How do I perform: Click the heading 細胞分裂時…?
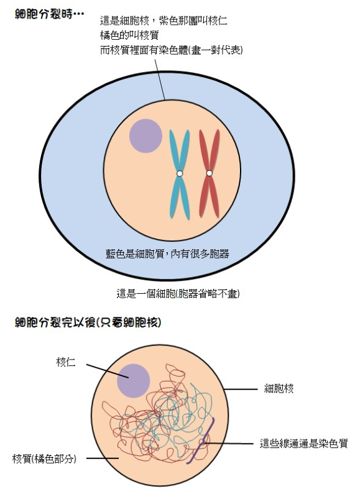pos(50,14)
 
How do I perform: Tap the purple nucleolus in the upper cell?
pos(145,135)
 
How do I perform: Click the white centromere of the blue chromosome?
pos(180,173)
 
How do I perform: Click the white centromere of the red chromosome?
pos(210,173)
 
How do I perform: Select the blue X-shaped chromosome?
pos(180,174)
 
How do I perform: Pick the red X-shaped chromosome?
pos(210,173)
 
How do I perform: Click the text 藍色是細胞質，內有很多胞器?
pos(167,253)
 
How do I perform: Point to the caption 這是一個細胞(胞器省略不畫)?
pos(178,294)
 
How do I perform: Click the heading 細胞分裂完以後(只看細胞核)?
pos(88,322)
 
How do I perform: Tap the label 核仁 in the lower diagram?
pos(66,362)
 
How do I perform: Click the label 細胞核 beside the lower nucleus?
pos(279,388)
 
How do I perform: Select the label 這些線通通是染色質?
pos(303,443)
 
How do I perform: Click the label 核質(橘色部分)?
pos(44,458)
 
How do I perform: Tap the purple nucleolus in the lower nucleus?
pos(133,381)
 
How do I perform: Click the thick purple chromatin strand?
pos(200,441)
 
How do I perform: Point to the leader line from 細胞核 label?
pos(241,389)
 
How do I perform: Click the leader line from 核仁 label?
pos(107,371)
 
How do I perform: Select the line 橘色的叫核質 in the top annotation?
pos(129,35)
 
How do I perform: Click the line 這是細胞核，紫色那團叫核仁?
pos(164,21)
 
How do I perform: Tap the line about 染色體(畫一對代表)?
pos(171,50)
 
